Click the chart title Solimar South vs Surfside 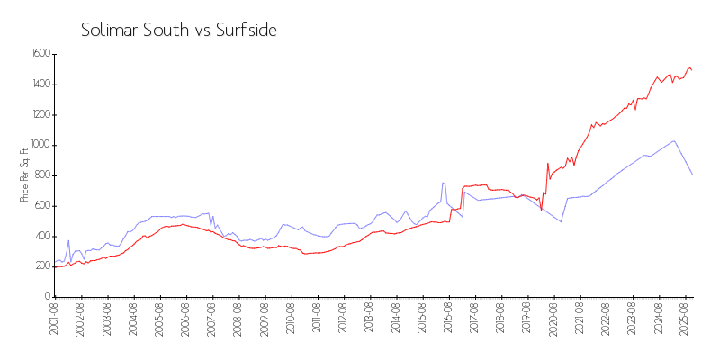(178, 30)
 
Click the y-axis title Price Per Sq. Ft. (24, 175)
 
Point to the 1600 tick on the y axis (40, 54)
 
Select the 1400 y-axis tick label (40, 85)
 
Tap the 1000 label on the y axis (40, 145)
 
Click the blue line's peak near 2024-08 (674, 140)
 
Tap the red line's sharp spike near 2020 (547, 164)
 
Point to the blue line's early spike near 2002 (68, 240)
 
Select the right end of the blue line (692, 174)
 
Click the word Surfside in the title (246, 30)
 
